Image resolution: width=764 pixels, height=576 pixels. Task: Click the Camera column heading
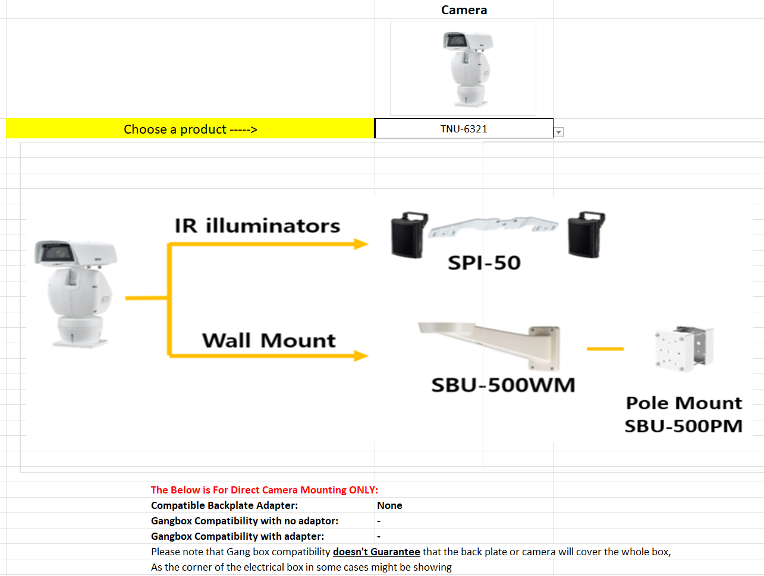pyautogui.click(x=464, y=10)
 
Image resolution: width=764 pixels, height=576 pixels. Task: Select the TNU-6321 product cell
pyautogui.click(x=464, y=129)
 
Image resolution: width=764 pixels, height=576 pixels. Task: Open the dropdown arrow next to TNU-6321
pyautogui.click(x=558, y=132)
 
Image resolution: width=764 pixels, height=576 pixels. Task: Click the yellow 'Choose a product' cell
pyautogui.click(x=190, y=129)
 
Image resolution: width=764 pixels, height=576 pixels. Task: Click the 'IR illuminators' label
pyautogui.click(x=257, y=226)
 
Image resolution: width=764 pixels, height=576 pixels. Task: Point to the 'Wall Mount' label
pyautogui.click(x=269, y=340)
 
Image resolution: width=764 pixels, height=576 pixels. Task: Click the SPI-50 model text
pyautogui.click(x=484, y=262)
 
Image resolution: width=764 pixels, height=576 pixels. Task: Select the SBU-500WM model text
pyautogui.click(x=503, y=385)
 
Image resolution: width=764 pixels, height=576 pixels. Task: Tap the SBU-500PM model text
pyautogui.click(x=683, y=426)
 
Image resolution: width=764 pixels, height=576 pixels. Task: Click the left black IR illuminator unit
pyautogui.click(x=408, y=235)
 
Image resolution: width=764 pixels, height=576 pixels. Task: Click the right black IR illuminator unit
pyautogui.click(x=586, y=234)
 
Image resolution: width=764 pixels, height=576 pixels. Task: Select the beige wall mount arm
pyautogui.click(x=493, y=341)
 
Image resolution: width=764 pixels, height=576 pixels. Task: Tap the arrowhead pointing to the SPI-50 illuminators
pyautogui.click(x=360, y=244)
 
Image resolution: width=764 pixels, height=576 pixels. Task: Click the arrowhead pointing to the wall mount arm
pyautogui.click(x=360, y=356)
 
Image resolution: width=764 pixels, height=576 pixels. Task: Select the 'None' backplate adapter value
pyautogui.click(x=389, y=505)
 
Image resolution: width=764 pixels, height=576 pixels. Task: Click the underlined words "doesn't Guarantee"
pyautogui.click(x=376, y=552)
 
